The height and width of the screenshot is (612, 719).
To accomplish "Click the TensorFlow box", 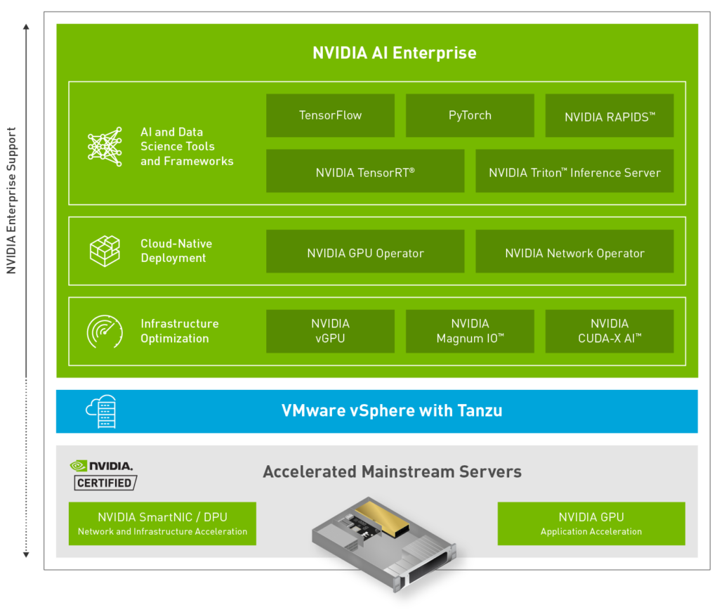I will pyautogui.click(x=330, y=116).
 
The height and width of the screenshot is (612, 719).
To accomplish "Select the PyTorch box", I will pyautogui.click(x=470, y=116).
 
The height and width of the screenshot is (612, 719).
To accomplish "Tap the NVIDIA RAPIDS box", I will pyautogui.click(x=609, y=116).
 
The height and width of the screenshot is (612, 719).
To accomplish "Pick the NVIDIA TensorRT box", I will pyautogui.click(x=365, y=171).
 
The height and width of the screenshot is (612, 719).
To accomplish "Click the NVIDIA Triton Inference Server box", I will pyautogui.click(x=574, y=171).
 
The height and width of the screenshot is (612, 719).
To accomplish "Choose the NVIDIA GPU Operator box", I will pyautogui.click(x=365, y=252).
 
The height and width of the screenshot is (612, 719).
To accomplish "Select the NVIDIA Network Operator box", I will pyautogui.click(x=574, y=252).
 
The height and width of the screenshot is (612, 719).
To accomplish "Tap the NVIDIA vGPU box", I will pyautogui.click(x=330, y=331).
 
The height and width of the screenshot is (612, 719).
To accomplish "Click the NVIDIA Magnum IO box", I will pyautogui.click(x=470, y=331).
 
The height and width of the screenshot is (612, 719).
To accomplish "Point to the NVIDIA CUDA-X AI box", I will pyautogui.click(x=609, y=331).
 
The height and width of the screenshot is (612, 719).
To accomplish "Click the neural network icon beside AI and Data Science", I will pyautogui.click(x=105, y=146).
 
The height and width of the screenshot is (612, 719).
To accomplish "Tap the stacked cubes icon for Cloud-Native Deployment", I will pyautogui.click(x=105, y=251).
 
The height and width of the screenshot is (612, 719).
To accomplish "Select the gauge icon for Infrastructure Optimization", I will pyautogui.click(x=105, y=331).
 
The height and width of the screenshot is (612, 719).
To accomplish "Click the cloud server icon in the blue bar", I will pyautogui.click(x=101, y=412).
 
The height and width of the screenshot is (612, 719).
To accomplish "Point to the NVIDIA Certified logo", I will pyautogui.click(x=104, y=475).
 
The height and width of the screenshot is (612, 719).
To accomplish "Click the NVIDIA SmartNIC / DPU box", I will pyautogui.click(x=162, y=523).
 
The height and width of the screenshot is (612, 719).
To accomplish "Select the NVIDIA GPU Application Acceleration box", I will pyautogui.click(x=591, y=523).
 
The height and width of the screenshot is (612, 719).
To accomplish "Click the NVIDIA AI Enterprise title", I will pyautogui.click(x=394, y=53).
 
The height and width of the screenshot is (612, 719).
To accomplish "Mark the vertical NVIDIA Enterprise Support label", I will pyautogui.click(x=11, y=200).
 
